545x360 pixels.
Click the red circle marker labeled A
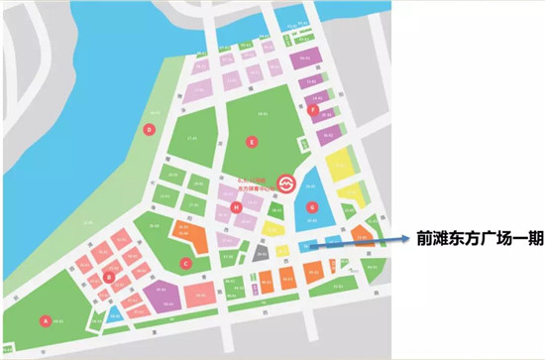[x=44, y=320]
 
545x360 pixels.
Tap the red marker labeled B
[x=108, y=277]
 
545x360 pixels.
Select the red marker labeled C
[x=185, y=263]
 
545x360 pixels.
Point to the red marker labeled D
[x=150, y=129]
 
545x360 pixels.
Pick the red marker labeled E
[x=253, y=143]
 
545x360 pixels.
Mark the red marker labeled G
[x=312, y=207]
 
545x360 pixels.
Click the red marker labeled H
[x=237, y=207]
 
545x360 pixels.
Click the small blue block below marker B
[x=115, y=315]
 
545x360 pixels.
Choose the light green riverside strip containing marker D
[x=144, y=169]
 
